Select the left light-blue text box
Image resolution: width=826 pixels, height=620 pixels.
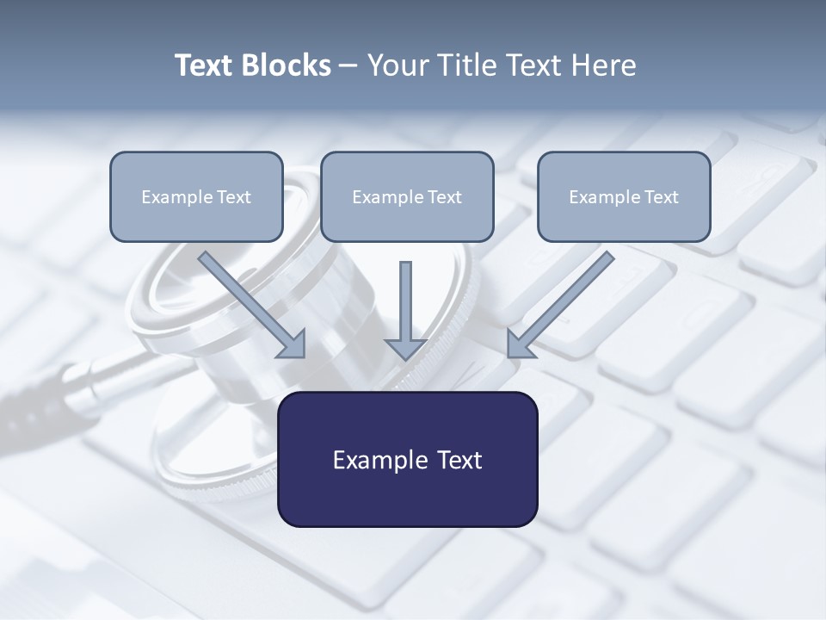pos(196,196)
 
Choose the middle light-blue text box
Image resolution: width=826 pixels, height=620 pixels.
pos(407,196)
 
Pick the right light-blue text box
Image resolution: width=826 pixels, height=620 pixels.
pos(624,196)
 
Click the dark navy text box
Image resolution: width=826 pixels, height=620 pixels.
pos(407,459)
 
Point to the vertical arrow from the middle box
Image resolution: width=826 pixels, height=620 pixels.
pos(405,301)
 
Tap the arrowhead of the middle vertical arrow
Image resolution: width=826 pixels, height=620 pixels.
pos(405,349)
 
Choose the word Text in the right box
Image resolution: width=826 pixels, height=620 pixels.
pos(661,197)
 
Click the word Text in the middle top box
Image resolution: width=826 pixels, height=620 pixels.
pos(444,197)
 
